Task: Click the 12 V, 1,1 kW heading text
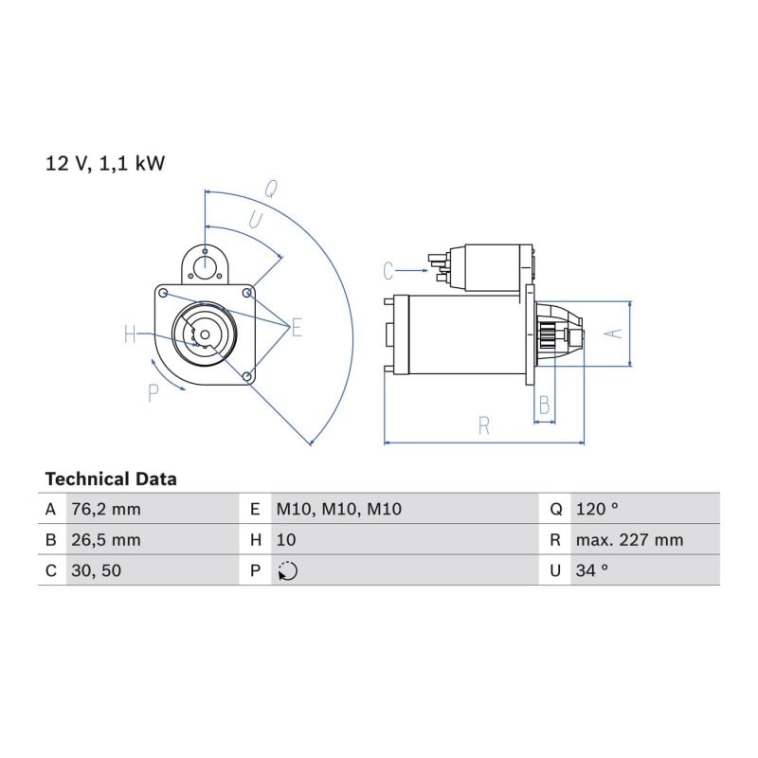105,163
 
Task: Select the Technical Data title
111,479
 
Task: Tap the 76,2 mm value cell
106,509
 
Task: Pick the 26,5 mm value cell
106,540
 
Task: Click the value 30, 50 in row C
97,571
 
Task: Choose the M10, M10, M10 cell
339,509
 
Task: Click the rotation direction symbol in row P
288,571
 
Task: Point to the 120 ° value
597,509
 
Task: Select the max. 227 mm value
629,540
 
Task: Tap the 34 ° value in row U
592,571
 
